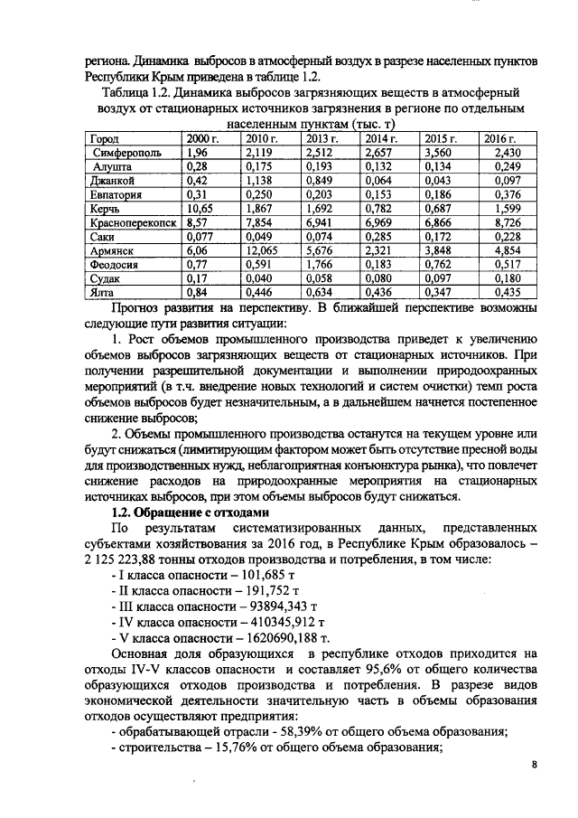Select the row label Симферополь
(127, 153)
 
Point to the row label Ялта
(107, 294)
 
